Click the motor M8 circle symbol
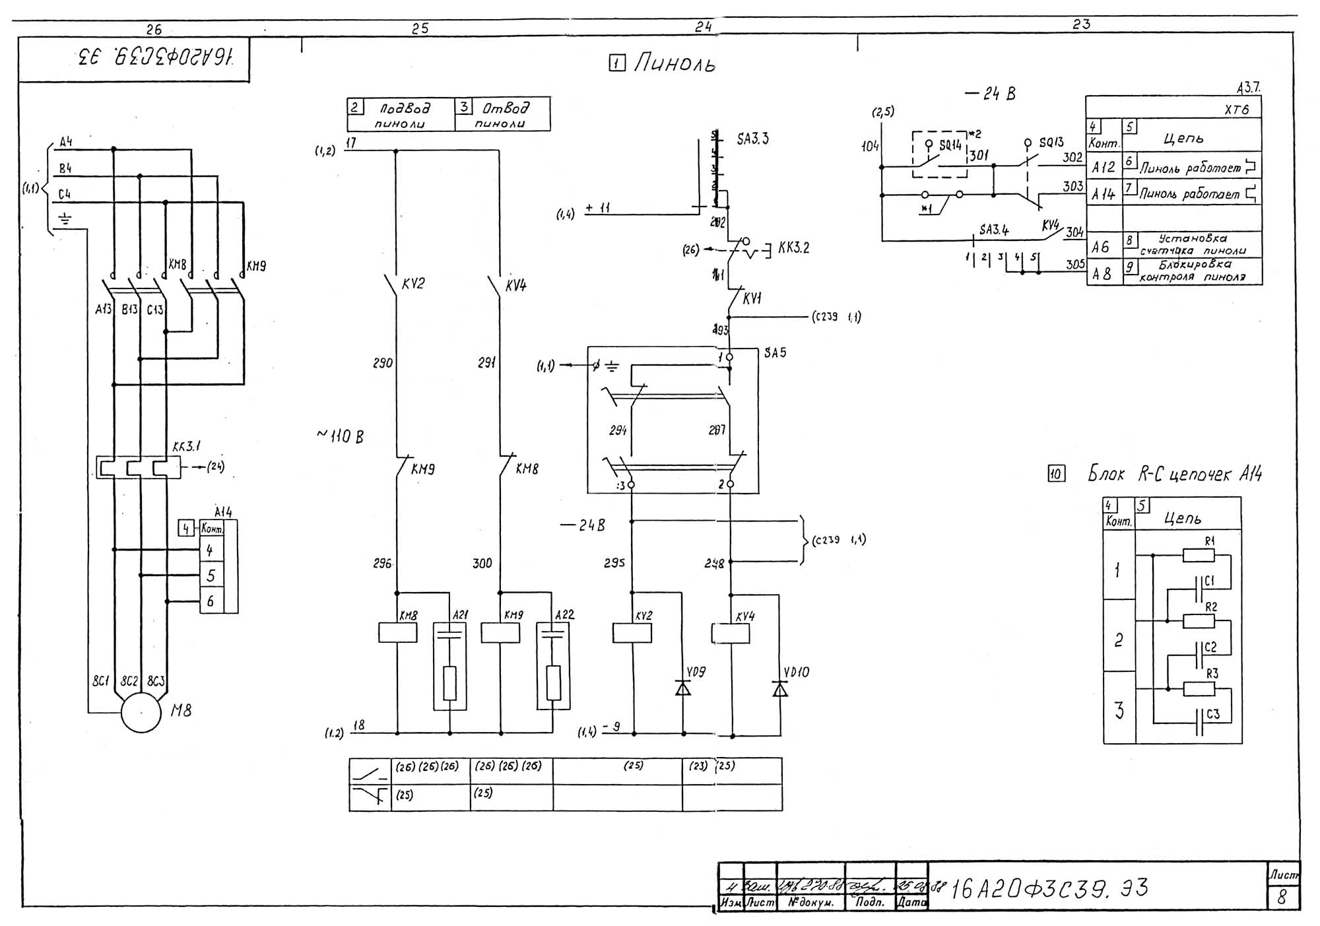tap(141, 711)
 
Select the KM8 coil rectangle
tap(397, 632)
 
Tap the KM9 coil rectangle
tap(500, 632)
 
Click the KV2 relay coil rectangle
tap(632, 632)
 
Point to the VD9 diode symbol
tap(683, 688)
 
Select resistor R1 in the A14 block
tap(1199, 555)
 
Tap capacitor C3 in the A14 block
tap(1199, 723)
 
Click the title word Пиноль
tap(675, 64)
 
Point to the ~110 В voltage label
tap(341, 436)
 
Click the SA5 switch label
tap(775, 353)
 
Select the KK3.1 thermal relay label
tap(186, 447)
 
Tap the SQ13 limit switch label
tap(1051, 143)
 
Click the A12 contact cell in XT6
tap(1103, 168)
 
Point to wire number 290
tap(383, 363)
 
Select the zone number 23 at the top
tap(1081, 24)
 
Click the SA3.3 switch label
tap(753, 139)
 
